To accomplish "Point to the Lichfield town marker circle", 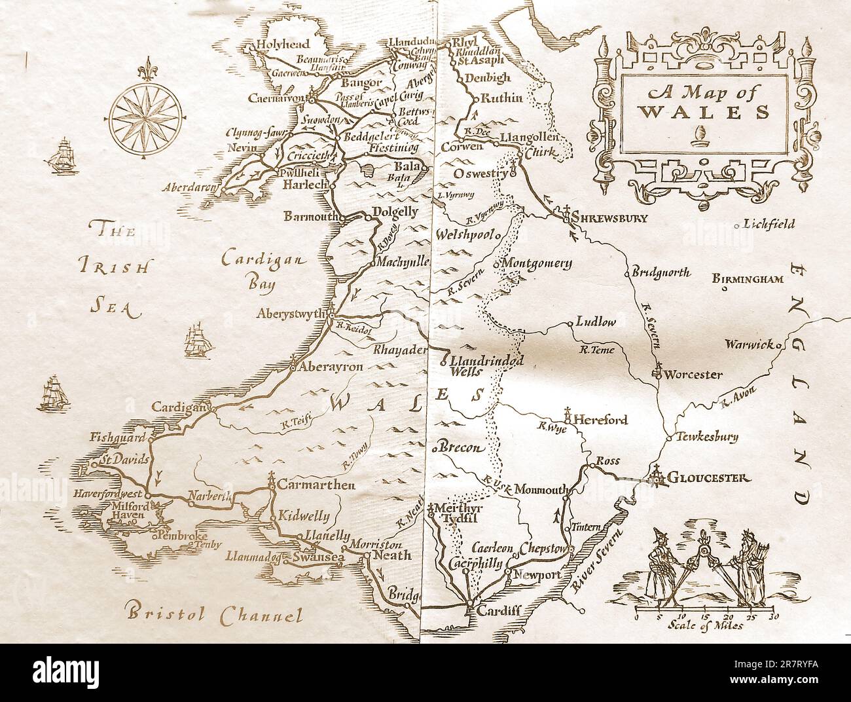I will click(x=737, y=225).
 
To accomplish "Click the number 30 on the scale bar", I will click(x=774, y=616).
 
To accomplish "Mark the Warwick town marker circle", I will click(x=779, y=344).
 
